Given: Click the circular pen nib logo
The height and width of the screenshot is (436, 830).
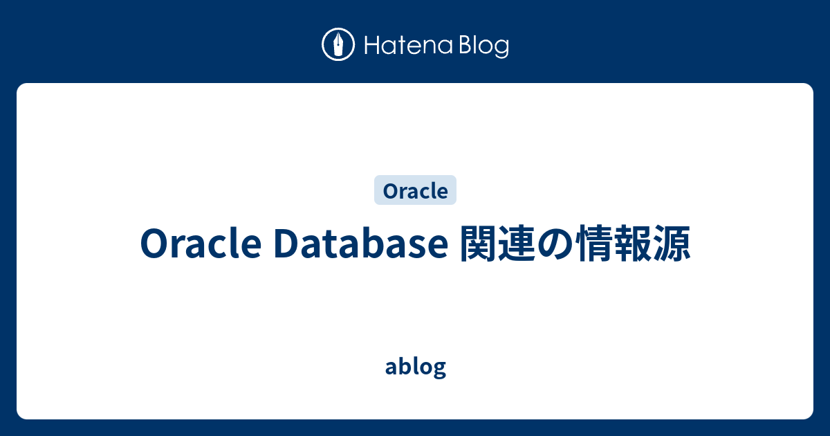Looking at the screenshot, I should coord(338,45).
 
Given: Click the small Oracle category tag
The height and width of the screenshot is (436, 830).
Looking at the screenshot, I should coord(415,190).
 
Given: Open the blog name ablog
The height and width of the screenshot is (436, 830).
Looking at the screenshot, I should coord(415,367).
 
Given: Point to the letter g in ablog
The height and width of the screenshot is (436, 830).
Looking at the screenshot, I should coord(439,369).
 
